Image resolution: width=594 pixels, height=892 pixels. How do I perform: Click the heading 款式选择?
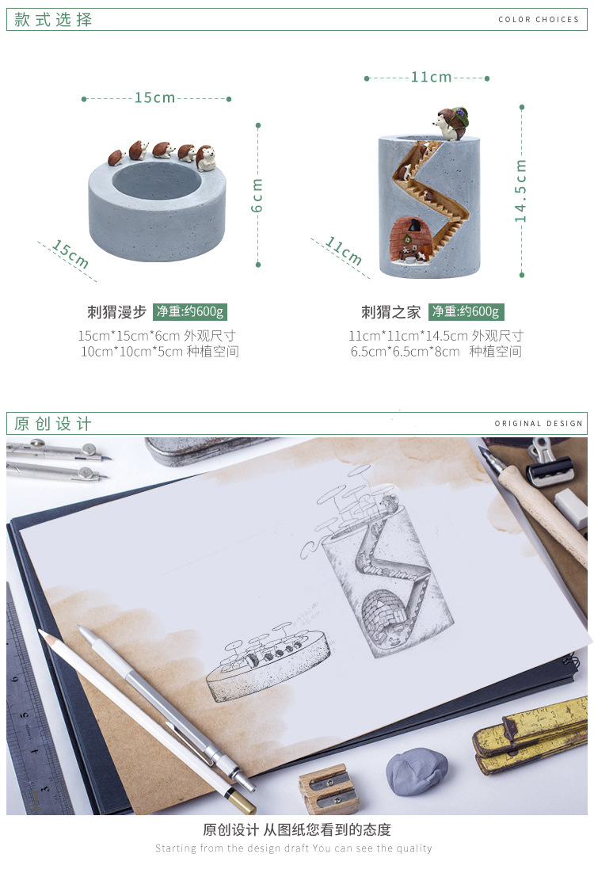pyautogui.click(x=53, y=20)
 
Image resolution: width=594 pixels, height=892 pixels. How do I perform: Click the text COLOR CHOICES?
pyautogui.click(x=539, y=19)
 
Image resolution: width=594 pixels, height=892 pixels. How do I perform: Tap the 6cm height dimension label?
pyautogui.click(x=257, y=195)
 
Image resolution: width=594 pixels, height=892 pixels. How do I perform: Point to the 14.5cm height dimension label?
pyautogui.click(x=520, y=191)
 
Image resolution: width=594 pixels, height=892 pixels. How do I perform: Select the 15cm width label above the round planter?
pyautogui.click(x=154, y=98)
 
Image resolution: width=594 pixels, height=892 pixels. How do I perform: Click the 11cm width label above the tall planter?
pyautogui.click(x=431, y=77)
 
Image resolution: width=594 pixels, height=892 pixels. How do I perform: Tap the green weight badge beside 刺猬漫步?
pyautogui.click(x=190, y=312)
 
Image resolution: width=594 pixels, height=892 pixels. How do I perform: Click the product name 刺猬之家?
pyautogui.click(x=391, y=312)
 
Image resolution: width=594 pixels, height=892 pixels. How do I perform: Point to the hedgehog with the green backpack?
pyautogui.click(x=451, y=123)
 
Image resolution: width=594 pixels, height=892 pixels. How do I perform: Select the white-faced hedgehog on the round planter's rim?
pyautogui.click(x=205, y=158)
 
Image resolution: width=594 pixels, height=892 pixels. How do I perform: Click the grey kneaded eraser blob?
pyautogui.click(x=417, y=771)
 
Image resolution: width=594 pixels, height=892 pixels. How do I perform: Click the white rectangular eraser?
pyautogui.click(x=571, y=508)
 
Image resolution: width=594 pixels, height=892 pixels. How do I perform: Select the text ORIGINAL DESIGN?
pyautogui.click(x=539, y=423)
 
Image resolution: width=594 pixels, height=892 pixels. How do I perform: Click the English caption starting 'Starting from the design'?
pyautogui.click(x=294, y=848)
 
